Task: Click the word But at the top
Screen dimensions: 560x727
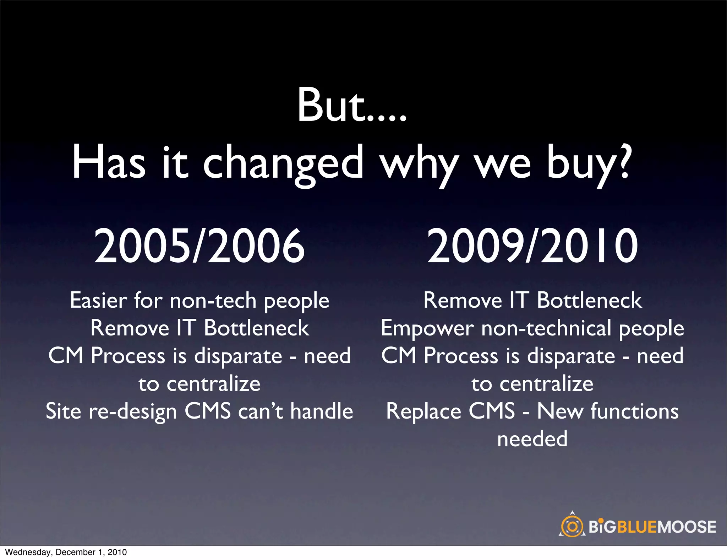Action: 332,106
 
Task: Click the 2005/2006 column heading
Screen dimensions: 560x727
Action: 199,246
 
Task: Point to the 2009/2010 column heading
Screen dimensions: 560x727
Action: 532,246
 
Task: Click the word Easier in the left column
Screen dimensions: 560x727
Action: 98,300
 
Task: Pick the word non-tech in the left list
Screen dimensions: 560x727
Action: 213,301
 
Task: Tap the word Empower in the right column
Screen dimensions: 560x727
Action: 427,329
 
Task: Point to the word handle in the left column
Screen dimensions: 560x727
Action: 322,411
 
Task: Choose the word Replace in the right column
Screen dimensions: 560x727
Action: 423,411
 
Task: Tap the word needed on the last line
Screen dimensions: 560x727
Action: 532,439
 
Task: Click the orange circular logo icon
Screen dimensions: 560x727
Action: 572,526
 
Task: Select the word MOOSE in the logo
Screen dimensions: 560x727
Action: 687,527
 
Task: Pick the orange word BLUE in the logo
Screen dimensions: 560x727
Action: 638,527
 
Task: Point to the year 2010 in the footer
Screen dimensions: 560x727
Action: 117,552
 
